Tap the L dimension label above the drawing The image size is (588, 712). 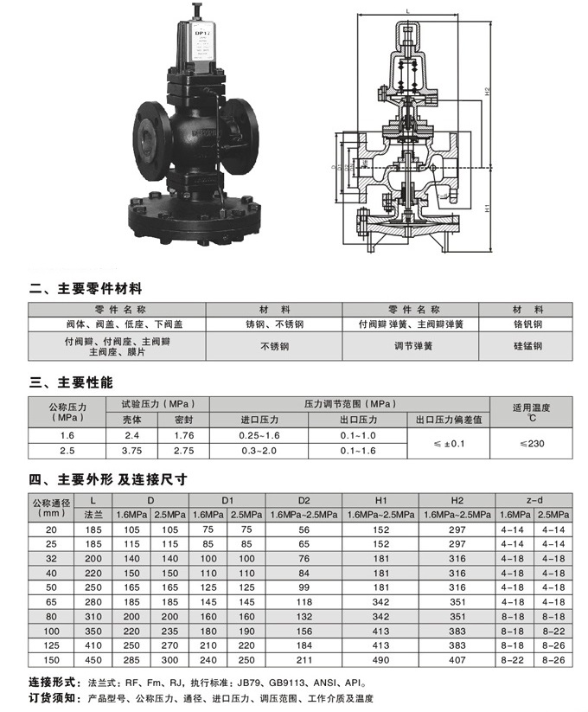click(406, 10)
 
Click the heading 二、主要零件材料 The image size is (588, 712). click(86, 288)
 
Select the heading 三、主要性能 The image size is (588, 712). click(72, 382)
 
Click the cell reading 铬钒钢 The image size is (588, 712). click(527, 324)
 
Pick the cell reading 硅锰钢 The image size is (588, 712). click(527, 346)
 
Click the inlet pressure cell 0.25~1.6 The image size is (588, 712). click(260, 435)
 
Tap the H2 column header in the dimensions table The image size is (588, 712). click(457, 500)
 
